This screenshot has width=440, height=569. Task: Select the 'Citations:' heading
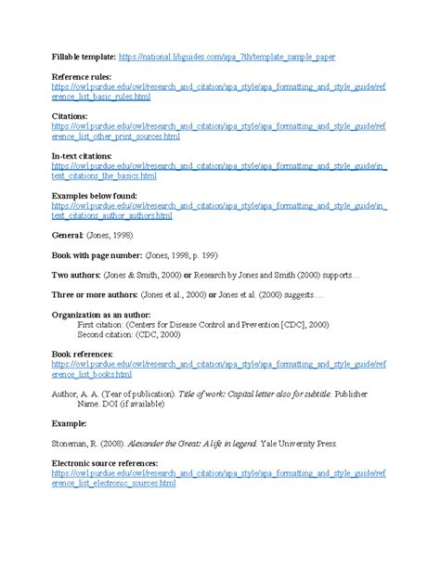pyautogui.click(x=71, y=116)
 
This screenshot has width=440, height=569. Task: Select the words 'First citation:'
pyautogui.click(x=103, y=325)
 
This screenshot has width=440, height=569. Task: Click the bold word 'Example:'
pyautogui.click(x=69, y=426)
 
